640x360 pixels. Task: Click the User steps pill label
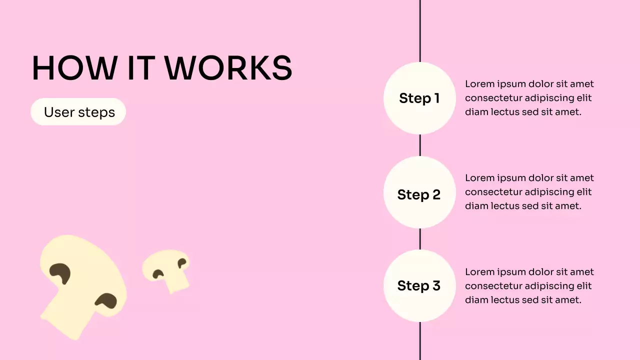point(79,112)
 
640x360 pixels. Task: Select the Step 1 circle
point(419,98)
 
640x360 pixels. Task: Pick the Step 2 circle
point(419,194)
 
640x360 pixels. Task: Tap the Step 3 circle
point(419,285)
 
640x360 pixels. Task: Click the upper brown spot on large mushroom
point(60,273)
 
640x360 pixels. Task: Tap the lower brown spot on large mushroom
point(106,301)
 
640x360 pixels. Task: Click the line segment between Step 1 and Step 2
point(420,145)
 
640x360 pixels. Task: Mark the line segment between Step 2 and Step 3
point(420,239)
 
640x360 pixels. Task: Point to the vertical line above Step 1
point(420,30)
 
